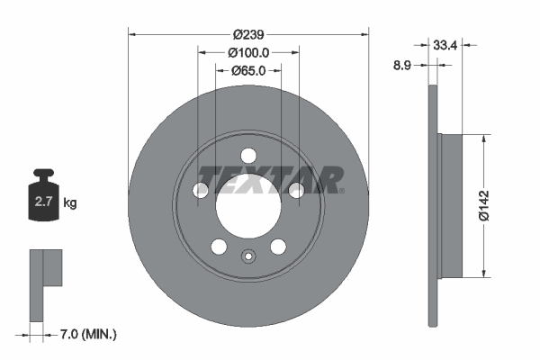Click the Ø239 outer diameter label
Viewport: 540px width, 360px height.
[248, 34]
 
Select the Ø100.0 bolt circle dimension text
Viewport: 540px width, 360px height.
[248, 52]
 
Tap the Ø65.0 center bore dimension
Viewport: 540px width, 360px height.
[248, 70]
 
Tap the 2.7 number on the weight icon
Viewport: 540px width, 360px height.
[43, 202]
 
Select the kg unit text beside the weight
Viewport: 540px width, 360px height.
[70, 202]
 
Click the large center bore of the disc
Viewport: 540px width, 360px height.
[248, 205]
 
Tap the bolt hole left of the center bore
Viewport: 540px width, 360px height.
[202, 189]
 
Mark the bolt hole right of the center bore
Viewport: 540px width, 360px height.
[295, 189]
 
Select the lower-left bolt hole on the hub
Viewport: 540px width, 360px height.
[219, 247]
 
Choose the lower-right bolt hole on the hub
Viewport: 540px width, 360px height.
[278, 247]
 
